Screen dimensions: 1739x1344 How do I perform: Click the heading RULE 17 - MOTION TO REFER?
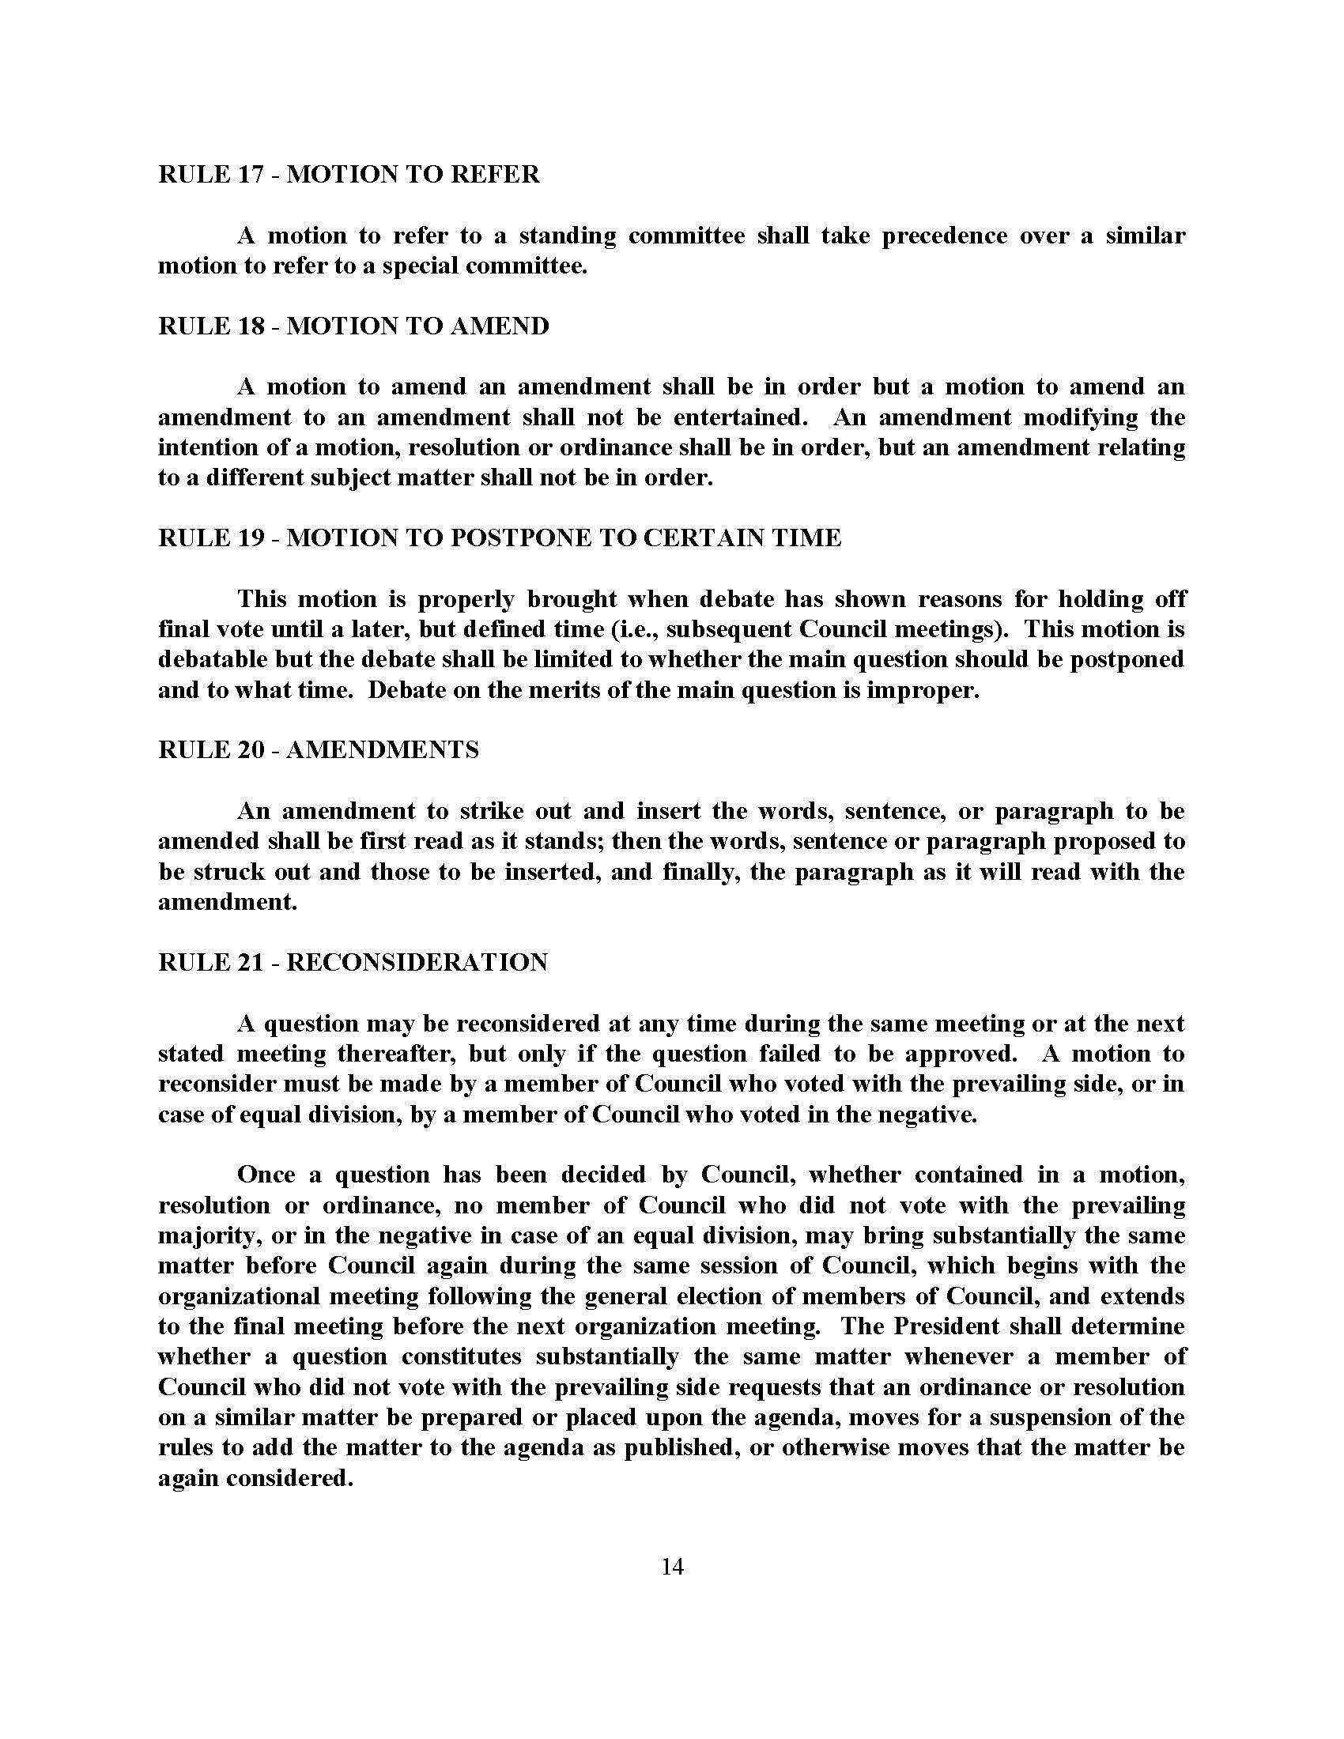(349, 175)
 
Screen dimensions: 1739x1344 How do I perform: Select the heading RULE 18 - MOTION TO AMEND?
(353, 326)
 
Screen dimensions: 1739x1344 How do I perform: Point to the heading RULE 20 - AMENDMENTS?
(319, 750)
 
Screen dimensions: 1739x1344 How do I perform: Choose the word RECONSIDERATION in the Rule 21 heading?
(417, 962)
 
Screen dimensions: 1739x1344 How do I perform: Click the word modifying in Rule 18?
(1081, 417)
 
